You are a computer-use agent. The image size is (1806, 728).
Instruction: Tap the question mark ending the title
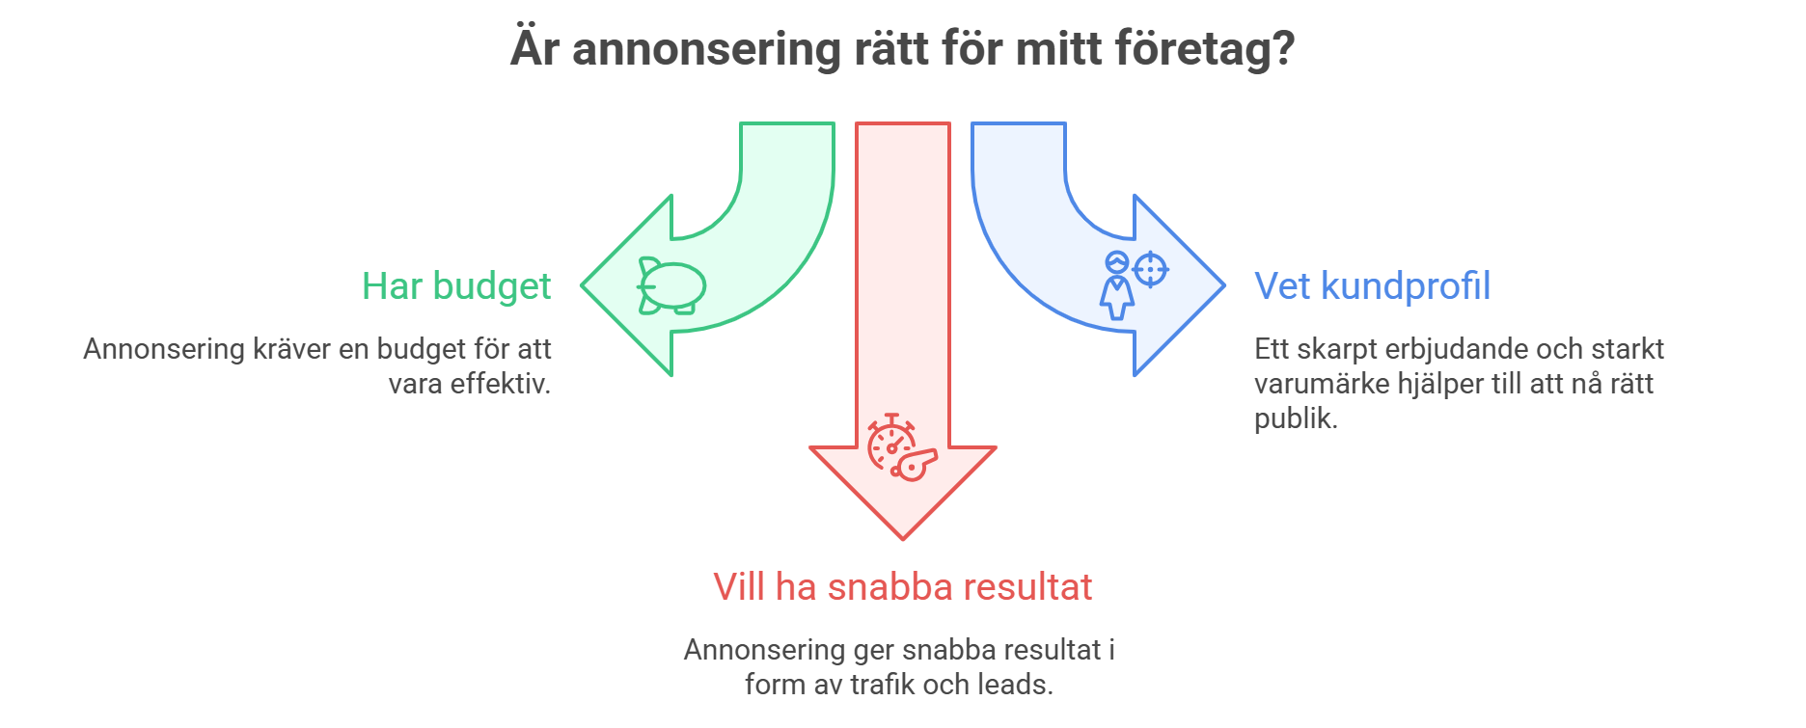[1282, 48]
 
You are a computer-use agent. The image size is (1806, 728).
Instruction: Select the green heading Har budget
[456, 286]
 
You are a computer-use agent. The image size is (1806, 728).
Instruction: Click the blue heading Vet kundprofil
[1372, 286]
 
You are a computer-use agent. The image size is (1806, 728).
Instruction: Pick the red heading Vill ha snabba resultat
[902, 586]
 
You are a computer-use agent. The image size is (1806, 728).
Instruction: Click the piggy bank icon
[671, 286]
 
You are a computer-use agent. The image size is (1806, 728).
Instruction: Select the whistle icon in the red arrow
[914, 463]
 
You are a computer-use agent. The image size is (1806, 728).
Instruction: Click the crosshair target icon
[1150, 269]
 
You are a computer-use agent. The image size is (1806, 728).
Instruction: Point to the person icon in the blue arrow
[1117, 286]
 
